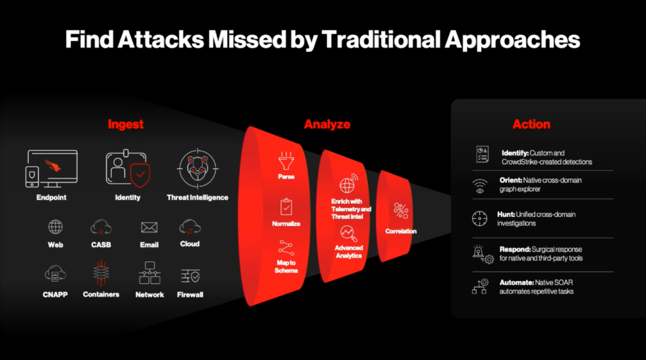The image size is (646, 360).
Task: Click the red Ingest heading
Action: coord(125,124)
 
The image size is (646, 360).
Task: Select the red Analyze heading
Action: coord(327,124)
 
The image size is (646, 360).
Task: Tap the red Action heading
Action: coord(531,124)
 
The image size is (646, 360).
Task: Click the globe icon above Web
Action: coord(55,227)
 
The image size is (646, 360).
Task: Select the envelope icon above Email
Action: coord(149,227)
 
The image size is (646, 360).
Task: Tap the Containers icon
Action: coord(101,274)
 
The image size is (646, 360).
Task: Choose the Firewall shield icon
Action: coord(190,275)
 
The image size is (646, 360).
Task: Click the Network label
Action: coord(150,294)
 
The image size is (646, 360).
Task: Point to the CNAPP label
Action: coord(55,294)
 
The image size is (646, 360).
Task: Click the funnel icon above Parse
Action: coord(286,161)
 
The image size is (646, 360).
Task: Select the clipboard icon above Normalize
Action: coord(286,206)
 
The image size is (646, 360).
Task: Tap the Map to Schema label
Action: coord(286,266)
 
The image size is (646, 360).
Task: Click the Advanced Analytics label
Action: coord(348,251)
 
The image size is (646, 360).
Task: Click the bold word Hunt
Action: coord(506,214)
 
